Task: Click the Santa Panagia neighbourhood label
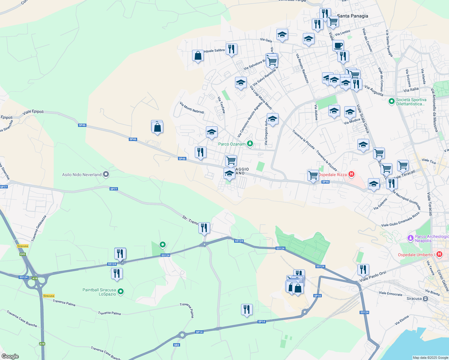point(352,16)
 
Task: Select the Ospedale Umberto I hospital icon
point(439,254)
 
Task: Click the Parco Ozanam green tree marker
point(249,144)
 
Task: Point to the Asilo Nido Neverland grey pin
point(106,174)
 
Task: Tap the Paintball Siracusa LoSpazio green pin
point(121,291)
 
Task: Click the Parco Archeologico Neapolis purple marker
point(411,238)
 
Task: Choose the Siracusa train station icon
point(425,298)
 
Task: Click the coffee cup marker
point(338,46)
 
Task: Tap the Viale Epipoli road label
point(33,112)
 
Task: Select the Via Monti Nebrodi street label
point(192,108)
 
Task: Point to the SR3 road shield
point(176,345)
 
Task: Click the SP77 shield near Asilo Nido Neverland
point(114,189)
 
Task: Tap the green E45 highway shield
point(23,254)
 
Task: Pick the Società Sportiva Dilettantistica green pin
point(391,101)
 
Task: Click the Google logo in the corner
point(10,356)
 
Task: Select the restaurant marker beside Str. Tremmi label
point(204,228)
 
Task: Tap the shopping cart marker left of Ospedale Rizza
point(313,175)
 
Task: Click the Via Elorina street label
point(402,320)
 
